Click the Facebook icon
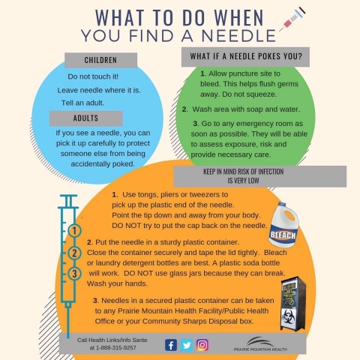tap(171, 345)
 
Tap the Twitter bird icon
tap(187, 345)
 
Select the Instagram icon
tap(202, 345)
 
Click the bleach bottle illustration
tap(283, 225)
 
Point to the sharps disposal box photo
tap(293, 304)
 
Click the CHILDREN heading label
tap(100, 60)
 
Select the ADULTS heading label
tap(85, 118)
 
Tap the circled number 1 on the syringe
tap(74, 231)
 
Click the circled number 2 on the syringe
tap(74, 253)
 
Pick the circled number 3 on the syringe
tap(74, 274)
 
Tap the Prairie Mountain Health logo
tap(260, 344)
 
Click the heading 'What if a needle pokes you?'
tap(246, 56)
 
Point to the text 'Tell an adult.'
tap(82, 103)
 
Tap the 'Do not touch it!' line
tap(93, 76)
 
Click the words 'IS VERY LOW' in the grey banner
tap(243, 181)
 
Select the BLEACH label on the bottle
tap(283, 235)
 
